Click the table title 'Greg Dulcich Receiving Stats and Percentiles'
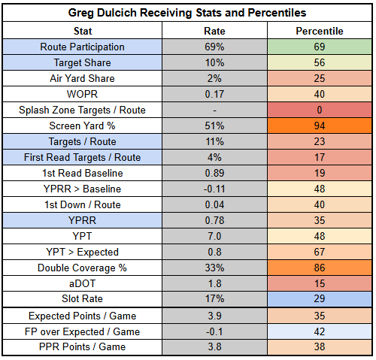[187, 13]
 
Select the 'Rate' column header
[214, 31]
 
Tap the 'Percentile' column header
[320, 31]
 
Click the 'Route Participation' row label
[82, 47]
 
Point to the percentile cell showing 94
[320, 126]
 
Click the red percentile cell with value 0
[320, 110]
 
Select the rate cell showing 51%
[214, 126]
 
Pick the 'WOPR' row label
[82, 94]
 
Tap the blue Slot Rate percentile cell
[320, 299]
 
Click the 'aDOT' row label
[82, 283]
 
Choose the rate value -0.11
[214, 189]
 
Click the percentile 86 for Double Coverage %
[320, 268]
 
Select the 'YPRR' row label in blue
[82, 220]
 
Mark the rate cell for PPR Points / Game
[214, 347]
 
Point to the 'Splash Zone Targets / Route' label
[82, 110]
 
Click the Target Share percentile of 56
[320, 62]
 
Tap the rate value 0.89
[214, 173]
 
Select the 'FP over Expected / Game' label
[82, 331]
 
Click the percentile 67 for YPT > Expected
[320, 252]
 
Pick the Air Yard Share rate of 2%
[214, 78]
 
